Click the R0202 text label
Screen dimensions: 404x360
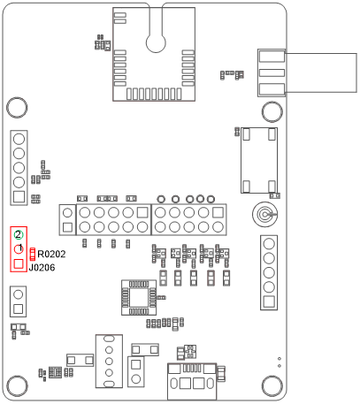click(x=52, y=255)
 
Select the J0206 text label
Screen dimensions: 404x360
click(x=42, y=267)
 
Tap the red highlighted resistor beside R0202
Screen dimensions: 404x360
click(x=33, y=254)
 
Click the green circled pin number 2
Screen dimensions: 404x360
click(x=18, y=234)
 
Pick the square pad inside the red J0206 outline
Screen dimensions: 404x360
click(x=19, y=264)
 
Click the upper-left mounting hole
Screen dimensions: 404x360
click(x=17, y=108)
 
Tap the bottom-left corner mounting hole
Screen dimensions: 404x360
click(x=17, y=385)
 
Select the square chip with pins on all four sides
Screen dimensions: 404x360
click(x=137, y=297)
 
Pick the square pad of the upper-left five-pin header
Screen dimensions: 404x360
click(x=18, y=186)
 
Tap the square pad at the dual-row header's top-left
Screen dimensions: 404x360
click(x=68, y=213)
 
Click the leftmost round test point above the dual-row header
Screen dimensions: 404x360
click(x=162, y=200)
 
